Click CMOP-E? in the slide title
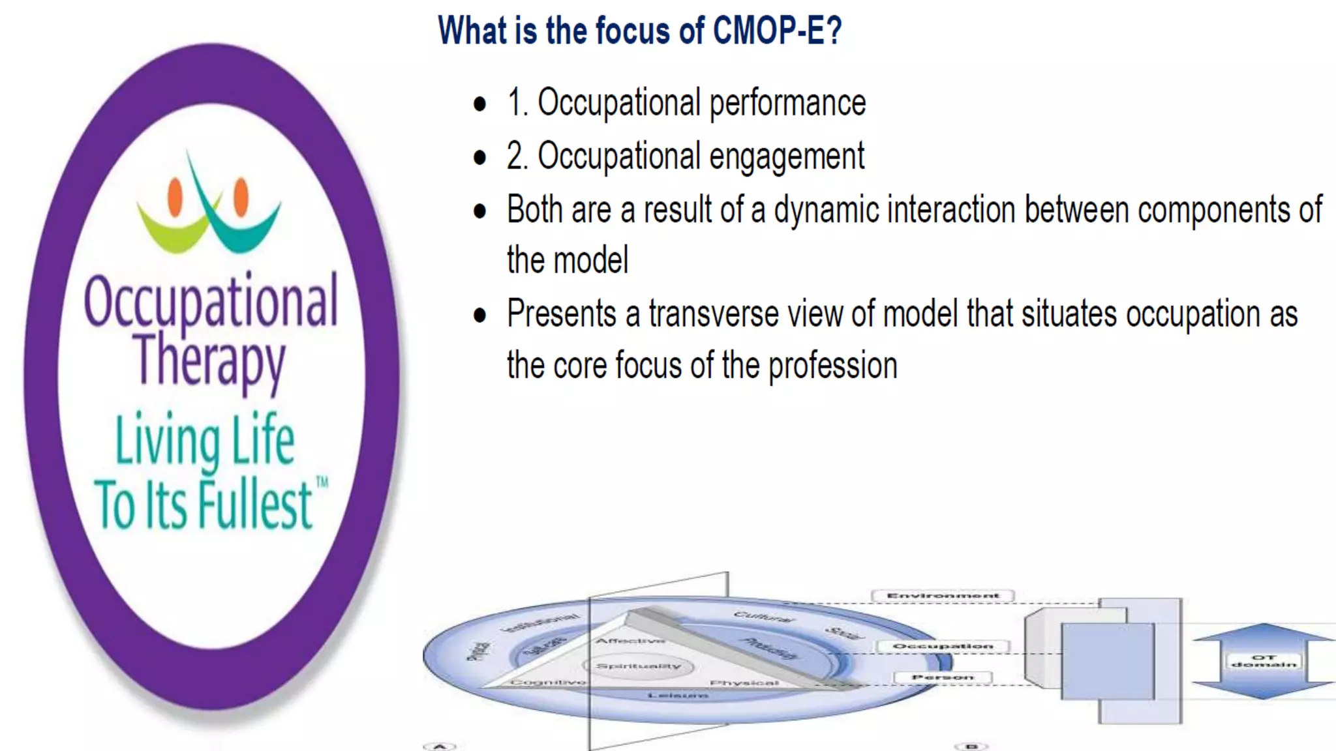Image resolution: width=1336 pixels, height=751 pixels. click(776, 31)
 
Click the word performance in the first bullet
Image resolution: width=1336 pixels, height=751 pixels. click(787, 103)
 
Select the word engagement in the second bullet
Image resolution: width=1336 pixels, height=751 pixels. click(786, 157)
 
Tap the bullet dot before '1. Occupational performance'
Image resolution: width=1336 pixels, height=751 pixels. click(480, 104)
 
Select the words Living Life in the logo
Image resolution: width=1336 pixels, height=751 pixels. click(204, 439)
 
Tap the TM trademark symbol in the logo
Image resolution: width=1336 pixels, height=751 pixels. click(322, 482)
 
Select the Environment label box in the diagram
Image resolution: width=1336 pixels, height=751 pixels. click(943, 596)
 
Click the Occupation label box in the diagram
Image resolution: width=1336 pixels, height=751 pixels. click(943, 646)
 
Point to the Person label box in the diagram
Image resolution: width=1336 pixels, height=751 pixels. click(943, 678)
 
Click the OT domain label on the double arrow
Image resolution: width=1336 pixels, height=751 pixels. click(1264, 661)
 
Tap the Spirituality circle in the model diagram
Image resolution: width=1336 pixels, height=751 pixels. click(638, 666)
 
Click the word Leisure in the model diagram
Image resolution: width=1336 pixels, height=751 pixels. click(678, 696)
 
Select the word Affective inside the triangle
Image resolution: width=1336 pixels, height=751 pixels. click(630, 641)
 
